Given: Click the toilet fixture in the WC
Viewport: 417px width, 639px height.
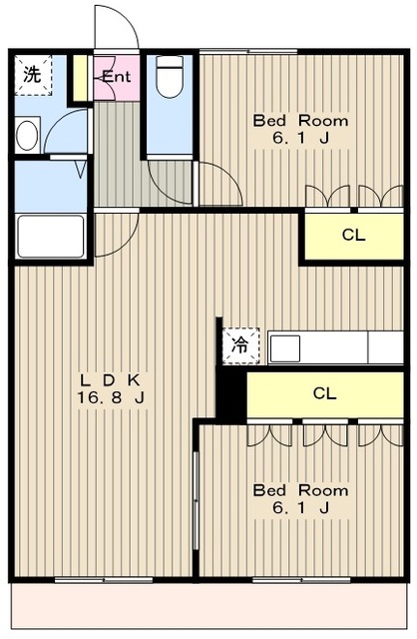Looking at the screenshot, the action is coord(170,76).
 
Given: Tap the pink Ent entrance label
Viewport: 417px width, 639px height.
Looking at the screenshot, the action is coord(117,76).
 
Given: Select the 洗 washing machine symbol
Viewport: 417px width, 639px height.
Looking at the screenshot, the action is coord(33,76).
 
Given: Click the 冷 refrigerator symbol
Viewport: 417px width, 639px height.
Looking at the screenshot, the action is coord(240,345).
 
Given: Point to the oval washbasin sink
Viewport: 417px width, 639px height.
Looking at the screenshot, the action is coord(27,136).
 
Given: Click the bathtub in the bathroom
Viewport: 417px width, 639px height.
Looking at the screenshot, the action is coord(51,237).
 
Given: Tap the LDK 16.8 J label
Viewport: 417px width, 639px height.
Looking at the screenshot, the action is coord(111,388).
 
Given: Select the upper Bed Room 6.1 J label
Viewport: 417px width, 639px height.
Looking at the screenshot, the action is coord(300,129).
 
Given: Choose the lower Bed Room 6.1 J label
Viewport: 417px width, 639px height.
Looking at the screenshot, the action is coord(300,499).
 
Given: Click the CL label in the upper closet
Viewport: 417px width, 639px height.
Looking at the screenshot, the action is coord(353,235).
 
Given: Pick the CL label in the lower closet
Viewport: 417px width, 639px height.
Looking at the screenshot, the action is coord(324,393).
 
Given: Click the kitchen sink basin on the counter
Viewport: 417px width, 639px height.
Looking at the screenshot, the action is coord(285,348).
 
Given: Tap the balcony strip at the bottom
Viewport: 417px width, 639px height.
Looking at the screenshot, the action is coord(209,606).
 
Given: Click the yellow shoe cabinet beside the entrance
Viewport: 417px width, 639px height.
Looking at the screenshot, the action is coord(80,78).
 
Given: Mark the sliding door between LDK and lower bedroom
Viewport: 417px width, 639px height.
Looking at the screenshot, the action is coord(196,501).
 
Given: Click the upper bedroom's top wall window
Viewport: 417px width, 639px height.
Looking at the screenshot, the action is coord(248,51).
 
